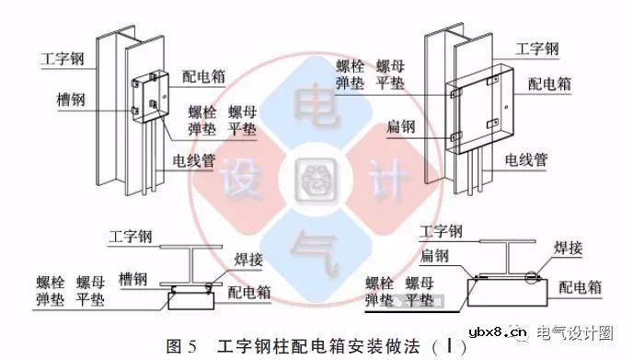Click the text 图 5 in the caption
tap(182, 347)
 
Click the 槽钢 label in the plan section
tap(136, 275)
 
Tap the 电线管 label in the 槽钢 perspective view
tap(196, 160)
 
